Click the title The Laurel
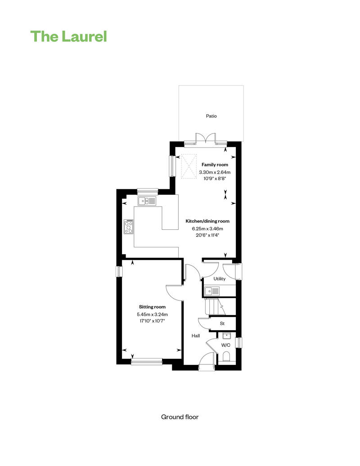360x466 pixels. [x=68, y=36]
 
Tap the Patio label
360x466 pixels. [x=211, y=116]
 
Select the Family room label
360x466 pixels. [x=215, y=165]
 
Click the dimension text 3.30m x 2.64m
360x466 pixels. [x=215, y=172]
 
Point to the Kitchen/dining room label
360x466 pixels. [x=207, y=221]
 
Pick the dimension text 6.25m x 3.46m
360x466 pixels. [x=207, y=229]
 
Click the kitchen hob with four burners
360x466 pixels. [x=129, y=226]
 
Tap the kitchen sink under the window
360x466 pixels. [x=147, y=201]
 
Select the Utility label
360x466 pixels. [x=220, y=279]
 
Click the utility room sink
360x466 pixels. [x=212, y=291]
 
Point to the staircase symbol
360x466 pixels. [x=215, y=307]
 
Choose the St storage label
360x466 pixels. [x=222, y=323]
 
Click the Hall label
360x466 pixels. [x=196, y=336]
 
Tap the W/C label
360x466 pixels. [x=225, y=345]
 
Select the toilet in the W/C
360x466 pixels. [x=226, y=356]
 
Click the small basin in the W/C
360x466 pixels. [x=227, y=336]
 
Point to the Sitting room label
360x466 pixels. [x=152, y=307]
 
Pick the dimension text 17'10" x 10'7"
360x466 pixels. [x=152, y=321]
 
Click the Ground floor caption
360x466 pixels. [x=180, y=417]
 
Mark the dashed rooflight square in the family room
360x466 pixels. [x=189, y=166]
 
